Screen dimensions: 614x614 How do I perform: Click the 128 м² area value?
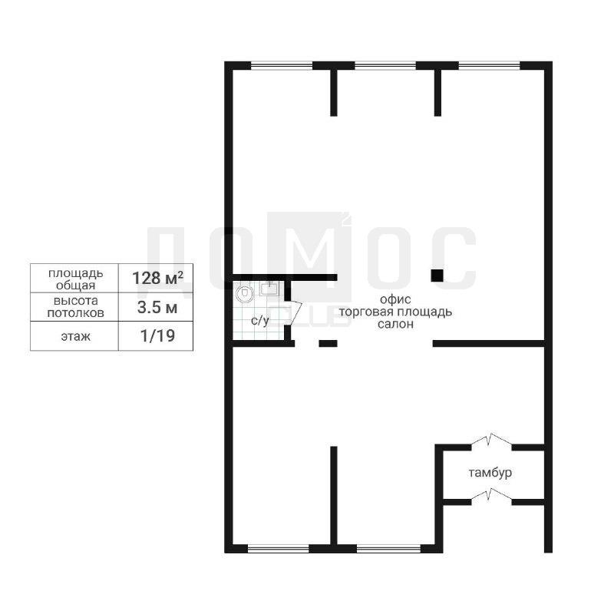click(157, 278)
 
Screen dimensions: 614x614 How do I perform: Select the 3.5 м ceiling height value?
click(157, 308)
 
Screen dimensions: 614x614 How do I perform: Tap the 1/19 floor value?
click(157, 336)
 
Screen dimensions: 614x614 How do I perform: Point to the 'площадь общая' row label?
click(75, 279)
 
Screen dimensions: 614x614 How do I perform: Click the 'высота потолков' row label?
click(75, 307)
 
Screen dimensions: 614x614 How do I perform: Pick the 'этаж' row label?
click(75, 336)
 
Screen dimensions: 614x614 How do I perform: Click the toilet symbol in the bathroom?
click(245, 293)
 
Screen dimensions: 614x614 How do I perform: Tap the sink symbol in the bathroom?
click(269, 288)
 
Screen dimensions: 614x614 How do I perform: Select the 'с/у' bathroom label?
click(260, 321)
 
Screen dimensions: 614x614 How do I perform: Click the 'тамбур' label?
click(490, 473)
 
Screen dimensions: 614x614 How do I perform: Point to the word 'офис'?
click(395, 299)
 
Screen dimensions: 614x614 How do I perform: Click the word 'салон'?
click(395, 324)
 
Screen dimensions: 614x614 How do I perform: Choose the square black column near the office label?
click(437, 276)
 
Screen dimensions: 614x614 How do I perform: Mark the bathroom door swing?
click(295, 311)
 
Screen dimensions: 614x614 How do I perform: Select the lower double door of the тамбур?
click(491, 496)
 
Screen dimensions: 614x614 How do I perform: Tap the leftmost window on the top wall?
click(282, 66)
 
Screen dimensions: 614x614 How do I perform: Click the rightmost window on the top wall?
click(489, 66)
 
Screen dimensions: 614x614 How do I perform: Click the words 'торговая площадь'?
click(395, 312)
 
